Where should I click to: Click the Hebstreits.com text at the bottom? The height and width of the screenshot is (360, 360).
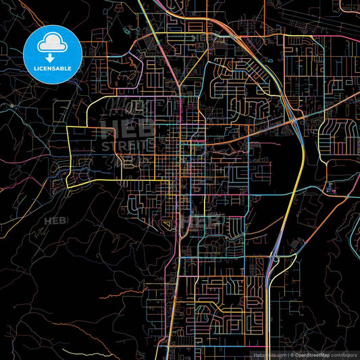(269, 355)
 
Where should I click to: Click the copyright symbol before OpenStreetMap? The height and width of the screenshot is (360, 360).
(291, 355)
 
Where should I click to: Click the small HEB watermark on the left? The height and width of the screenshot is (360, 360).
(56, 221)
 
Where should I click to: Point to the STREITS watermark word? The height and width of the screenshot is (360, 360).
(128, 145)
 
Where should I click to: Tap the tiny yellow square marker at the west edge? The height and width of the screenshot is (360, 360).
(11, 106)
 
